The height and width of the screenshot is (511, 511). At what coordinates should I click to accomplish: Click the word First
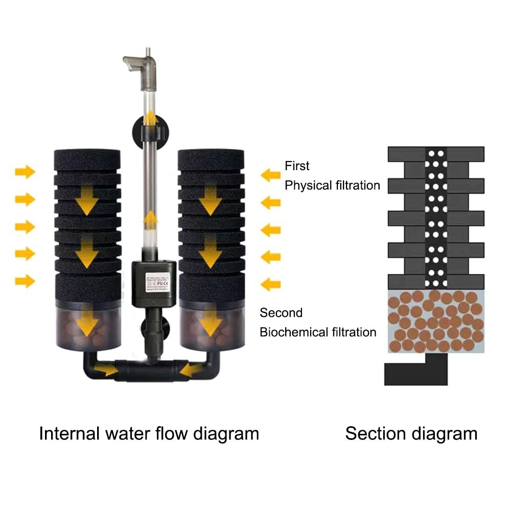point(297,166)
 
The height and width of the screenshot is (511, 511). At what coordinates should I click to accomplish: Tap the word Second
point(281,313)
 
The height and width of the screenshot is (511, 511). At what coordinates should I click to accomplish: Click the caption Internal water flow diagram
point(149,434)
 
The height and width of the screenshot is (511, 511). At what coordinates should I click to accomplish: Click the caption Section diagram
point(411,434)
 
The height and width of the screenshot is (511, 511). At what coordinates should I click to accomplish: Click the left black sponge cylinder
point(87,225)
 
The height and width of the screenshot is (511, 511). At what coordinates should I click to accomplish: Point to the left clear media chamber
point(88,327)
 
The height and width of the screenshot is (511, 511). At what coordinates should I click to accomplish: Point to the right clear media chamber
point(211,327)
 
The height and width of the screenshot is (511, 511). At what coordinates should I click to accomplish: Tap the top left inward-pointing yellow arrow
point(25,172)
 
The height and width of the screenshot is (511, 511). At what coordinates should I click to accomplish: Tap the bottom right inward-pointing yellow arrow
point(270,285)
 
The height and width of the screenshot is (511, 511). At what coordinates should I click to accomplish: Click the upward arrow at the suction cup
point(150,119)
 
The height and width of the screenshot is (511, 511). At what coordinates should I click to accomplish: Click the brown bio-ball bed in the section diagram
point(436,321)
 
